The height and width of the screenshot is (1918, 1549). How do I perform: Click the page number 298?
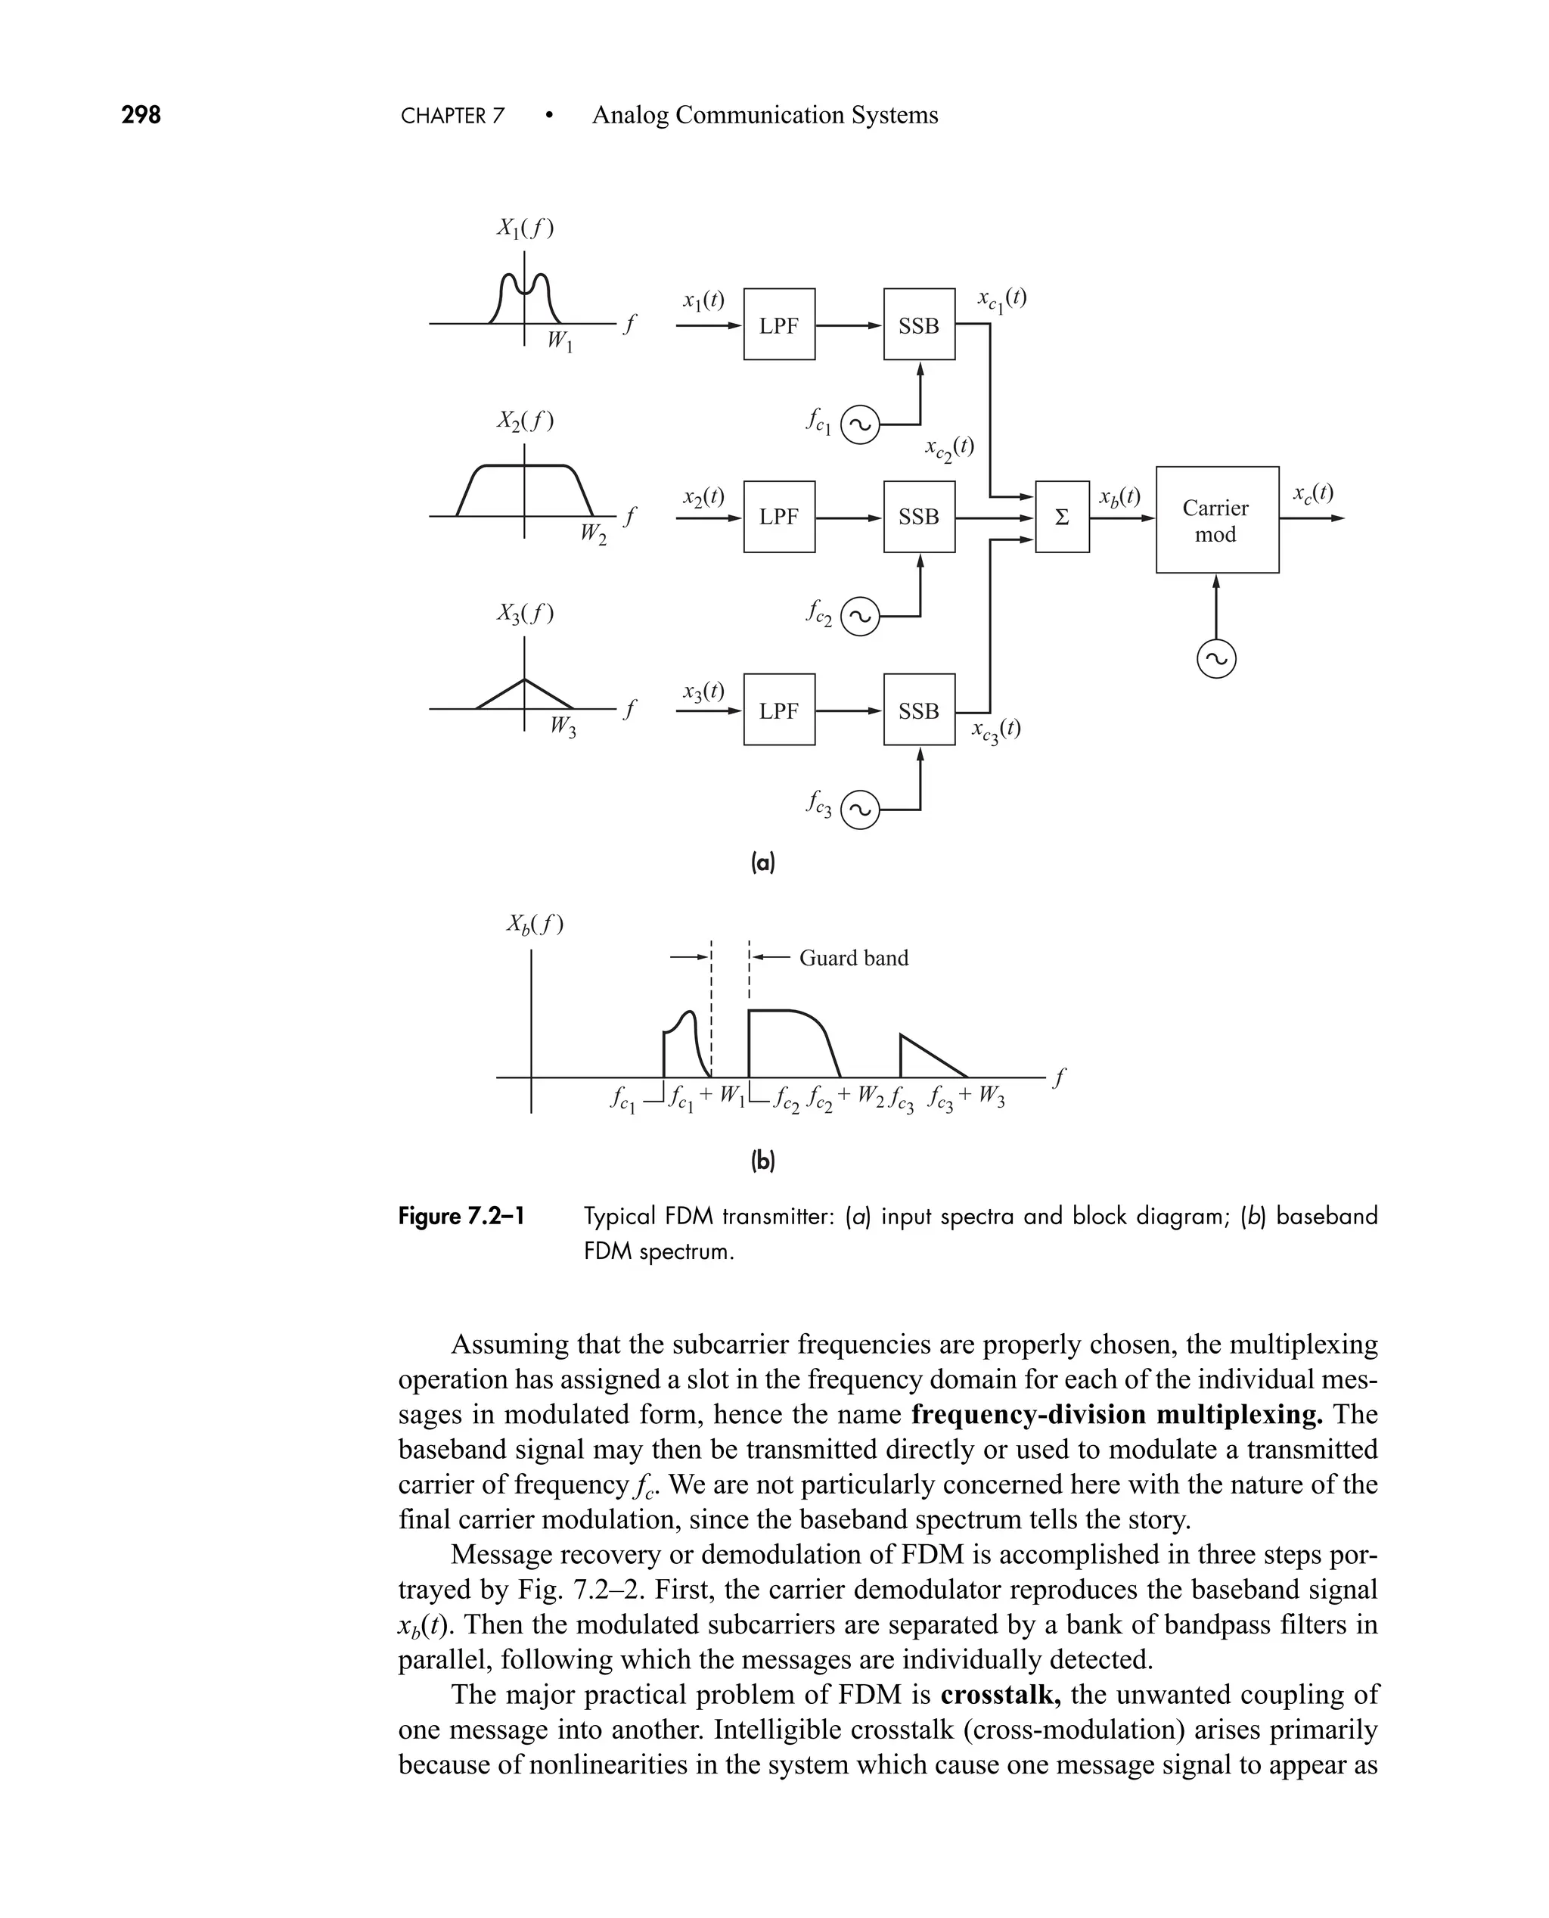141,115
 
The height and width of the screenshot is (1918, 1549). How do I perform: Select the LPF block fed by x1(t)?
779,324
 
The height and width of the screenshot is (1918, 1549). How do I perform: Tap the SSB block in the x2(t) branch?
919,517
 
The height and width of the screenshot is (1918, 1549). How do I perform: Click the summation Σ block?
1062,517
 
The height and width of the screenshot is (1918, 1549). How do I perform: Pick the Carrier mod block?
1216,520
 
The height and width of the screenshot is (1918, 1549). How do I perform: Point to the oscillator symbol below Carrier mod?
1216,660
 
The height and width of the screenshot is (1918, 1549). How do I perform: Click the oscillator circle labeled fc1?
860,424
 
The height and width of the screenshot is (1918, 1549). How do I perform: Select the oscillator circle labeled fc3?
860,810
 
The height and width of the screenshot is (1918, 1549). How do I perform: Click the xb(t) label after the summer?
1119,496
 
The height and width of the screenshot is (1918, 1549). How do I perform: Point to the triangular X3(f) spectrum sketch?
525,695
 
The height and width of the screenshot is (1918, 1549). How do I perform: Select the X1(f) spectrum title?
525,228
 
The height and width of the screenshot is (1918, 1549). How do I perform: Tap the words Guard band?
853,958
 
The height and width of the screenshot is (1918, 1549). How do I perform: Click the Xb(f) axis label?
535,924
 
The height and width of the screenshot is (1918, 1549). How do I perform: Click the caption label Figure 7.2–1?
461,1217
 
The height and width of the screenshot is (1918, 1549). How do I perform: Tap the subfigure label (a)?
763,863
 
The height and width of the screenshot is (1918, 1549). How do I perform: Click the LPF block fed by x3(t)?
779,710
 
